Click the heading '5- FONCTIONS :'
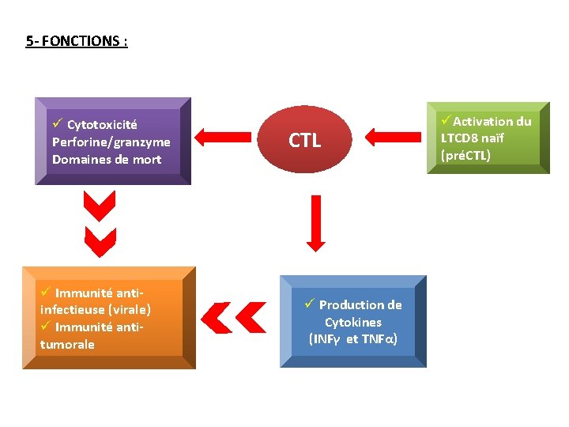76,41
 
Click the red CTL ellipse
305,141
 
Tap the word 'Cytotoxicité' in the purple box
102,125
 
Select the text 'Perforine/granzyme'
111,142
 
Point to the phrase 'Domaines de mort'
107,160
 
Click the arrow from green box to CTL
391,137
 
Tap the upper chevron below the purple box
100,207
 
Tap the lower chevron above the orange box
100,242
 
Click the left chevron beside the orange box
216,317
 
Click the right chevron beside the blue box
251,317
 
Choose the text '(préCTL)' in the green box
465,155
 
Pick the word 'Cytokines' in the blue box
352,323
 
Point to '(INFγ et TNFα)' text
352,339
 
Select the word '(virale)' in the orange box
130,310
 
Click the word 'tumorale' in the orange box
67,345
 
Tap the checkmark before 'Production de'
310,304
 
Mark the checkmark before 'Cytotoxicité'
58,124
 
